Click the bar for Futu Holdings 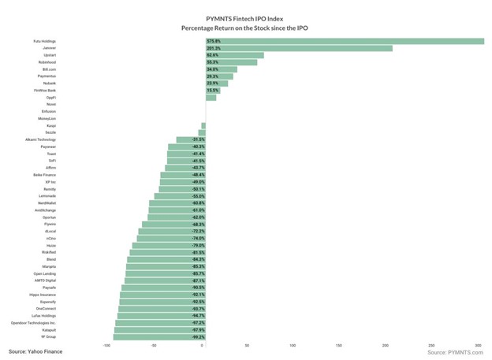point(344,41)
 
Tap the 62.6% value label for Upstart point(213,55)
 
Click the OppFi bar point(211,98)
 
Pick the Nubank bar point(216,84)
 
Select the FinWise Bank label point(45,91)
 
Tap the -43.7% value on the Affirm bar point(199,168)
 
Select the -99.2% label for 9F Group point(199,336)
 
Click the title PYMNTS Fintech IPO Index point(245,17)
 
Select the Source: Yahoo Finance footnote point(35,351)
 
